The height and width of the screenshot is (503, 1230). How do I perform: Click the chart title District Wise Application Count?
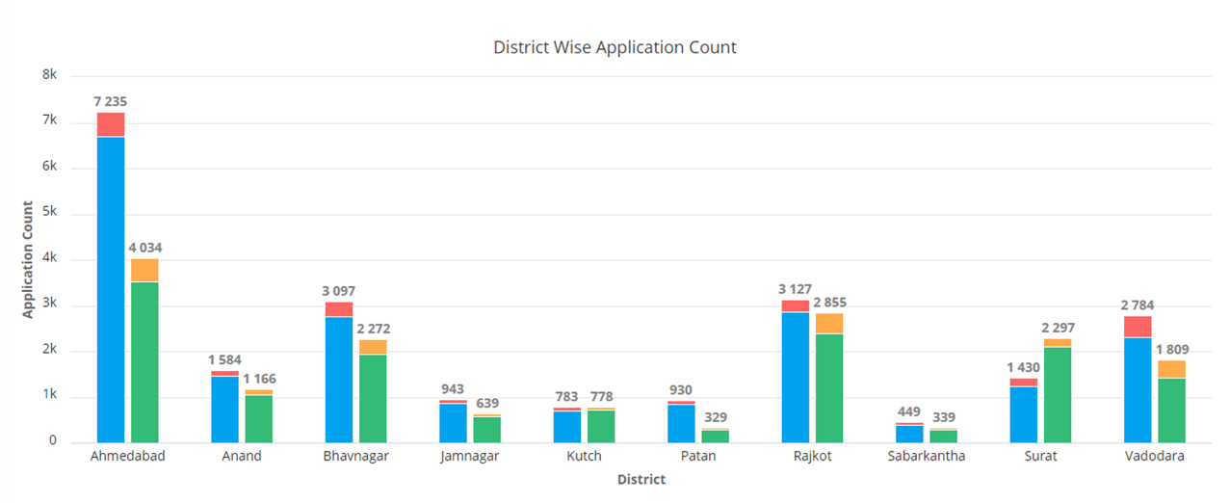[x=615, y=47]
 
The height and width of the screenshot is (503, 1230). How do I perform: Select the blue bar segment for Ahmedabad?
[x=111, y=289]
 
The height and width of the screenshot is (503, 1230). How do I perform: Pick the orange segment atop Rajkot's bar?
[x=828, y=324]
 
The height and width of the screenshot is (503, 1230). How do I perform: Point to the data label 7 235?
[x=111, y=101]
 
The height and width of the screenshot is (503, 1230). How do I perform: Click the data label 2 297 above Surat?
[x=1058, y=329]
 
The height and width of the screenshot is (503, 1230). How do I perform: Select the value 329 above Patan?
[x=714, y=417]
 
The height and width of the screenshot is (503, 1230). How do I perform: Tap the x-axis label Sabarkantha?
[x=926, y=457]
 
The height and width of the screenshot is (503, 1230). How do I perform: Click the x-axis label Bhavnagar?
[x=355, y=457]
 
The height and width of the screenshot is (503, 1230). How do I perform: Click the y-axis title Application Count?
[x=28, y=259]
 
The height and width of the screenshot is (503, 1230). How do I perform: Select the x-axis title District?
[x=641, y=479]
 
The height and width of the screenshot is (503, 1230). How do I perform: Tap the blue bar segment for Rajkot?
[x=795, y=377]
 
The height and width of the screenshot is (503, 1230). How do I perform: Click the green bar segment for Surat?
[x=1057, y=394]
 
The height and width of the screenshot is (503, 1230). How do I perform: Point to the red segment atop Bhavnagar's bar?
[x=338, y=309]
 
